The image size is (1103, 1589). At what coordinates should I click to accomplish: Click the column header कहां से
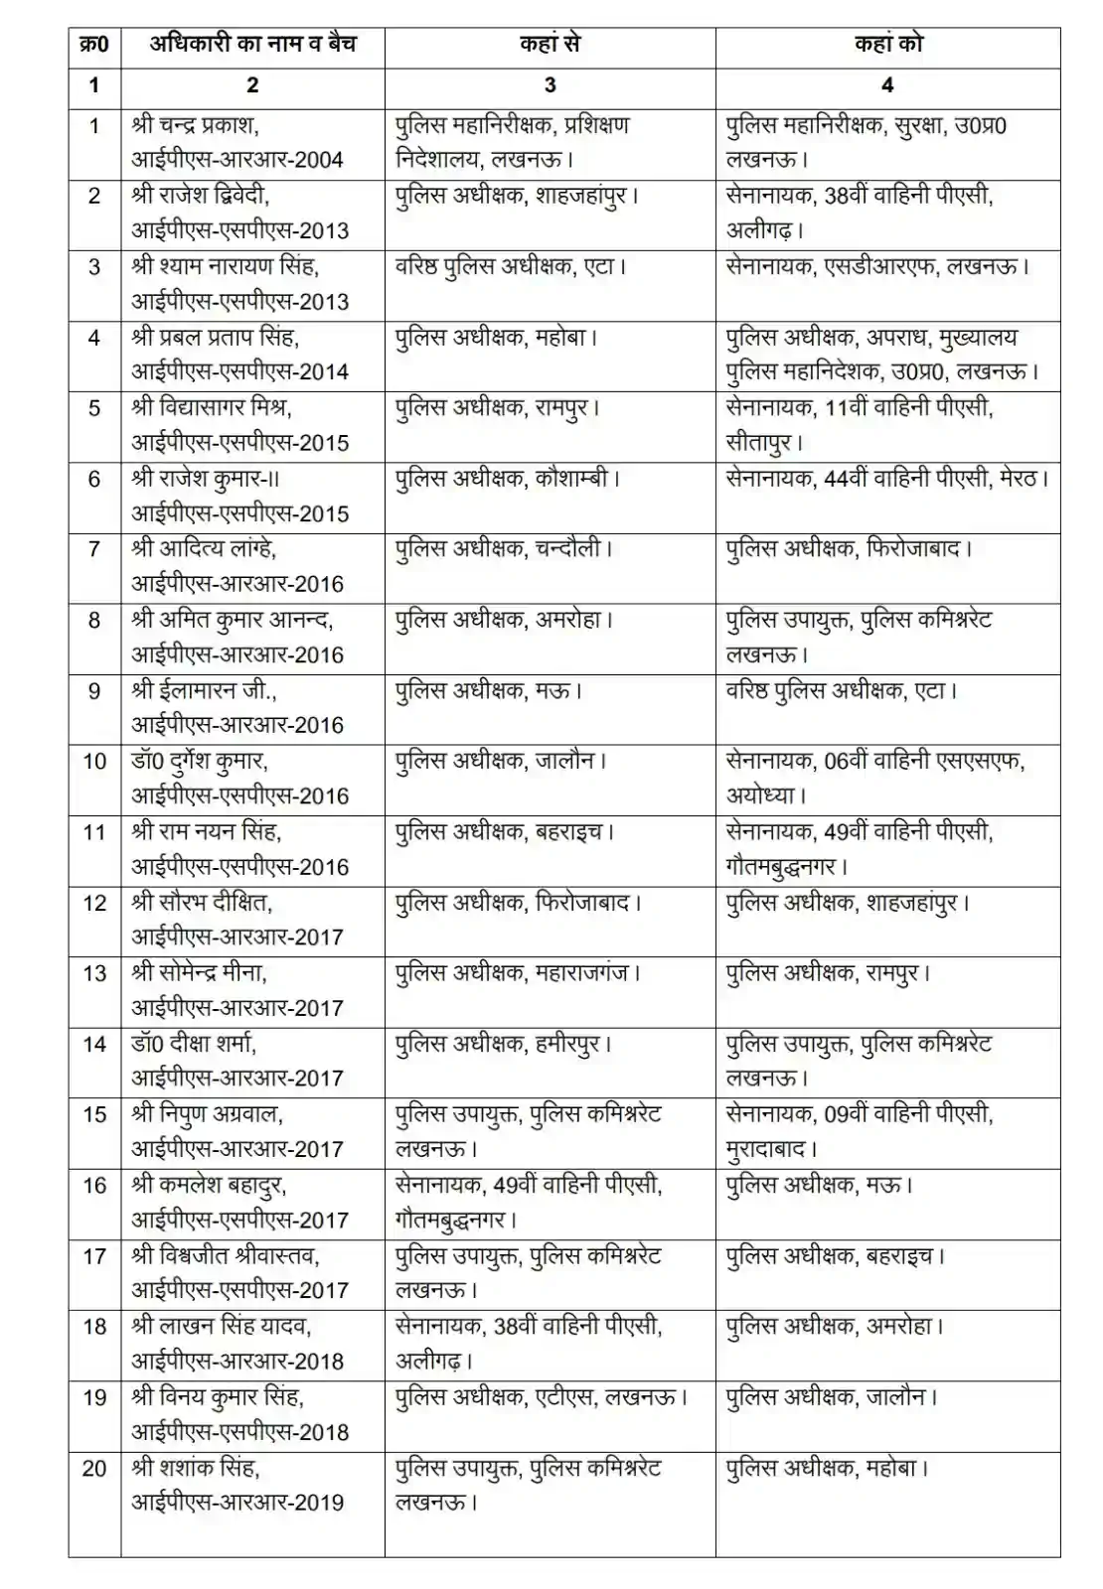pyautogui.click(x=550, y=45)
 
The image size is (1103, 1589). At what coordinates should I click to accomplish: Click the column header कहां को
pyautogui.click(x=887, y=45)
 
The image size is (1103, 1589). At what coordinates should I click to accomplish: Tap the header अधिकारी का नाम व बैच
pyautogui.click(x=252, y=45)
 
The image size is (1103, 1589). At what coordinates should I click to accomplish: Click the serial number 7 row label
pyautogui.click(x=94, y=549)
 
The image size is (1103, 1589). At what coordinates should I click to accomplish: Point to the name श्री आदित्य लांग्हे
pyautogui.click(x=204, y=549)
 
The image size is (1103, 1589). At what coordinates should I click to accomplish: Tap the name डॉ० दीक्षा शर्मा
pyautogui.click(x=194, y=1044)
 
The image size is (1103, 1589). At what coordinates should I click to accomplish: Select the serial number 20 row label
pyautogui.click(x=94, y=1468)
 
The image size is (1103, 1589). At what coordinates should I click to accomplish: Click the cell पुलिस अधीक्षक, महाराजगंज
pyautogui.click(x=517, y=973)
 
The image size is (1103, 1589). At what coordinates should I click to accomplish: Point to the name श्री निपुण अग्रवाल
pyautogui.click(x=207, y=1114)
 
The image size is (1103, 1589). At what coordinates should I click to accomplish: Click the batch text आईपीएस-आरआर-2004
pyautogui.click(x=237, y=160)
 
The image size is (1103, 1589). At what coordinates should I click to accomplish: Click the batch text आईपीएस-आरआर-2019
pyautogui.click(x=237, y=1502)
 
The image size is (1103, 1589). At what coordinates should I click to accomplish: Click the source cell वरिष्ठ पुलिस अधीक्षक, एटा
pyautogui.click(x=511, y=267)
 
